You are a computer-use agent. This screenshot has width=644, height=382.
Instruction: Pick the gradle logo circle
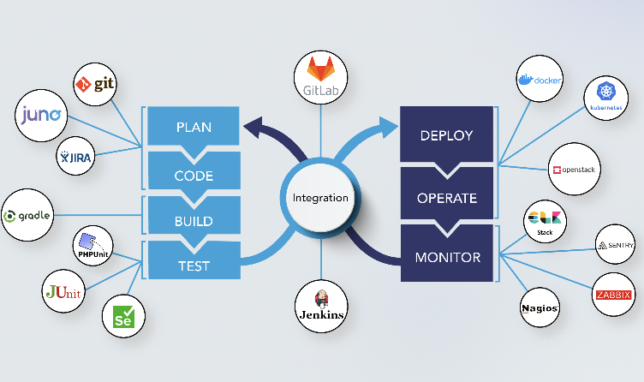[x=27, y=216]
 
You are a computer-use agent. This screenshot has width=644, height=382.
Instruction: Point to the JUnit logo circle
[x=63, y=293]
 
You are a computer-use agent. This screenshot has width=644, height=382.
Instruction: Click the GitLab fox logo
[x=321, y=66]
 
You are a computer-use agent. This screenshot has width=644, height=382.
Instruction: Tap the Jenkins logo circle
[x=321, y=306]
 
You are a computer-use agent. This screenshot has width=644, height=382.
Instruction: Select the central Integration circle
[x=321, y=197]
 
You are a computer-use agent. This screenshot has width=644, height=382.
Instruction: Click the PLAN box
[x=194, y=128]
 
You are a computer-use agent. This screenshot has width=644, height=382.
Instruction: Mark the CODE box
[x=194, y=176]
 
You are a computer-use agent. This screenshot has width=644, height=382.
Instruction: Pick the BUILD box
[x=194, y=220]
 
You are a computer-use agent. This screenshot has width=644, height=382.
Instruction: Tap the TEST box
[x=194, y=266]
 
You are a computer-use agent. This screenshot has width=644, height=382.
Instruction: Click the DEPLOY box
[x=446, y=135]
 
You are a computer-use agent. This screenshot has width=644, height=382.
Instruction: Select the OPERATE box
[x=446, y=197]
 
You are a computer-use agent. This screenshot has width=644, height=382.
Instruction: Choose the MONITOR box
[x=446, y=256]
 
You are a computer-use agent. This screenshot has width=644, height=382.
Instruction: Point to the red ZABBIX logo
[x=614, y=295]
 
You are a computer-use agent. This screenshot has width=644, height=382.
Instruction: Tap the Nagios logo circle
[x=540, y=307]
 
